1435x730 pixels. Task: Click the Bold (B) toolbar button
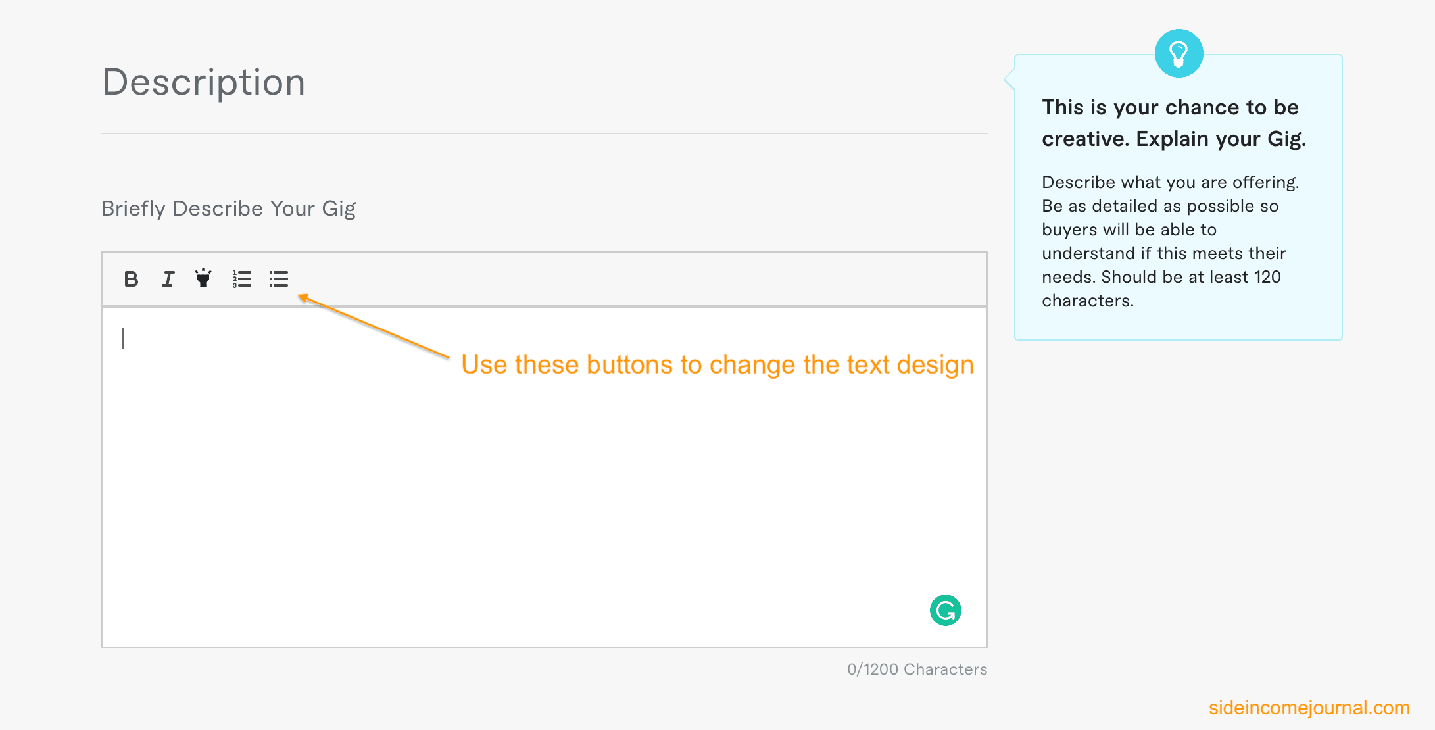131,279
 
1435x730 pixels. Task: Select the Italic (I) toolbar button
168,279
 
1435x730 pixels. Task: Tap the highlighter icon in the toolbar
203,278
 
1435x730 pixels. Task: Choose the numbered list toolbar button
241,279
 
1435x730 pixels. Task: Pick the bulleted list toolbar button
278,279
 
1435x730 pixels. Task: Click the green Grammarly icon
946,610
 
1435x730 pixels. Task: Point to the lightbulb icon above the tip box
1179,53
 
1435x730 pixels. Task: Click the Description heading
204,83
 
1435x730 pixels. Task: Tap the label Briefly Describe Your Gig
228,208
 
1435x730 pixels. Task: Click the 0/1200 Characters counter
917,669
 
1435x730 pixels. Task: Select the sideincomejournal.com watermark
1309,708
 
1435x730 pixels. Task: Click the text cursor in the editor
123,338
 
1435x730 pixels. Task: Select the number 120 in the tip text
1267,277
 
